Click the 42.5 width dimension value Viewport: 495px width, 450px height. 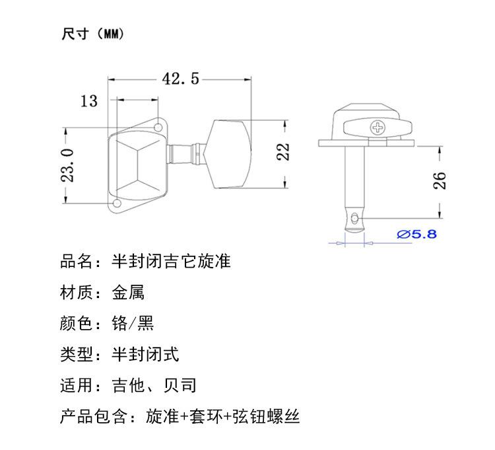(181, 79)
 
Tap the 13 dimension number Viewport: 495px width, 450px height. (89, 101)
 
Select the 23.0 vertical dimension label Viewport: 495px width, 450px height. (67, 165)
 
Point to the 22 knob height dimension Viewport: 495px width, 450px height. (283, 152)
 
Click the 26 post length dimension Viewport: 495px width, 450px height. (439, 181)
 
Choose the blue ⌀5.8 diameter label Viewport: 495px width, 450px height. (416, 234)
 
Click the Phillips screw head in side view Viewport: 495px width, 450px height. (378, 128)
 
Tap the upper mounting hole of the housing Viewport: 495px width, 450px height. (158, 128)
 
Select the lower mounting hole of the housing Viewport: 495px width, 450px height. (117, 203)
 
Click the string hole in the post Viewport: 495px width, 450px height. (354, 218)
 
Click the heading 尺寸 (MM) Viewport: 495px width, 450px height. (93, 34)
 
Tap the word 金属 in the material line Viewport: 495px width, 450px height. (128, 292)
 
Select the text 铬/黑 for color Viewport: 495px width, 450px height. (133, 323)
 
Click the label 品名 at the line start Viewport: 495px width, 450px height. (76, 261)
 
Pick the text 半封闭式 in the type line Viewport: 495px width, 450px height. (146, 354)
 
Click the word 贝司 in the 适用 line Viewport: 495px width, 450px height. (180, 385)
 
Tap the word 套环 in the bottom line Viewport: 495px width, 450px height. (206, 416)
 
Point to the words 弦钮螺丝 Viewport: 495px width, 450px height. (266, 416)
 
